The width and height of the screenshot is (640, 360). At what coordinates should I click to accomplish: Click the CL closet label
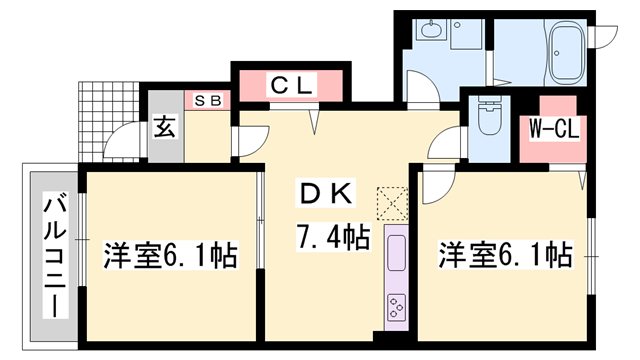point(291,86)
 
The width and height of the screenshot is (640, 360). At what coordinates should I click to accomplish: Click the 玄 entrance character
point(162,127)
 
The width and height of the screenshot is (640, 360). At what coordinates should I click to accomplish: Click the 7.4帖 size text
point(332,236)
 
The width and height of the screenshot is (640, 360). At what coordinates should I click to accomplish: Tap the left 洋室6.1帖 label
point(171,256)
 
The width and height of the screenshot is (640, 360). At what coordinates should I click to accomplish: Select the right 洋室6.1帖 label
point(505,256)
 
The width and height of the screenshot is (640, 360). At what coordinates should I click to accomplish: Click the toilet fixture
point(490,118)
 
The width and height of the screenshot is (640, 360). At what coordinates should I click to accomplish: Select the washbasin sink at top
point(431,31)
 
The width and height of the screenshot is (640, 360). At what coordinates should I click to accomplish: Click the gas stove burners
point(395,305)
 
